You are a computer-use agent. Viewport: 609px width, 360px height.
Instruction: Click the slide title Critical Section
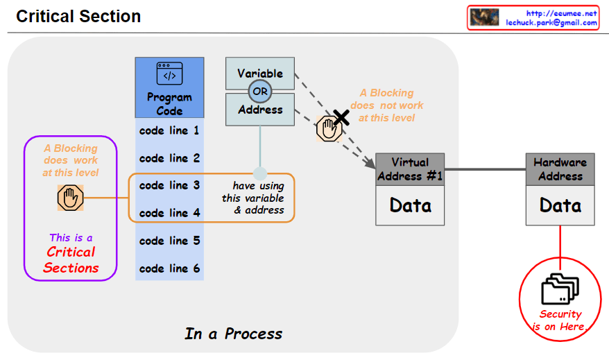(x=78, y=17)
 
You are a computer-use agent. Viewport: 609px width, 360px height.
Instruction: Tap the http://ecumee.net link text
(x=561, y=13)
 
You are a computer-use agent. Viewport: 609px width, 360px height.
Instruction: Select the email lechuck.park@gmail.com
(x=551, y=23)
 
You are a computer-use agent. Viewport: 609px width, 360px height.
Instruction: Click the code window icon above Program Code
(x=169, y=74)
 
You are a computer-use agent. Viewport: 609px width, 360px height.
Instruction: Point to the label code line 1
(x=169, y=130)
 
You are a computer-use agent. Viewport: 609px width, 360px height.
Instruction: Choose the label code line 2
(x=169, y=158)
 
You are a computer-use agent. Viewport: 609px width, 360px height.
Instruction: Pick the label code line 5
(x=169, y=241)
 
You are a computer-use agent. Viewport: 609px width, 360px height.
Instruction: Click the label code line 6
(x=169, y=268)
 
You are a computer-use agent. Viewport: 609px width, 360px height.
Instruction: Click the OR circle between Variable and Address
(x=260, y=92)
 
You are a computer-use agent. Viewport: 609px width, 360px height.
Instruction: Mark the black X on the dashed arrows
(x=340, y=117)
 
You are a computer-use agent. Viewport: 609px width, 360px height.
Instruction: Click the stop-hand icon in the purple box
(x=70, y=198)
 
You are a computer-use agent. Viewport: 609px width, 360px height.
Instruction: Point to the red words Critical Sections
(x=71, y=260)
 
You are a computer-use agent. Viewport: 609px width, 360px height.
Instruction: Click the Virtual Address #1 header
(x=409, y=169)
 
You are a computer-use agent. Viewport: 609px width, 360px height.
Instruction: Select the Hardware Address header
(x=560, y=169)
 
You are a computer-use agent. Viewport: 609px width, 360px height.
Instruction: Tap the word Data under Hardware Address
(x=560, y=205)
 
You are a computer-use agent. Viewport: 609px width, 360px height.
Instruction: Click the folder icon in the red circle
(x=560, y=289)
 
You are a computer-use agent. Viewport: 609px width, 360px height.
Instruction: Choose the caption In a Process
(x=233, y=334)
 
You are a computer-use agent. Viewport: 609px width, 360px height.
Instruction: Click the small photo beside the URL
(x=485, y=18)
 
